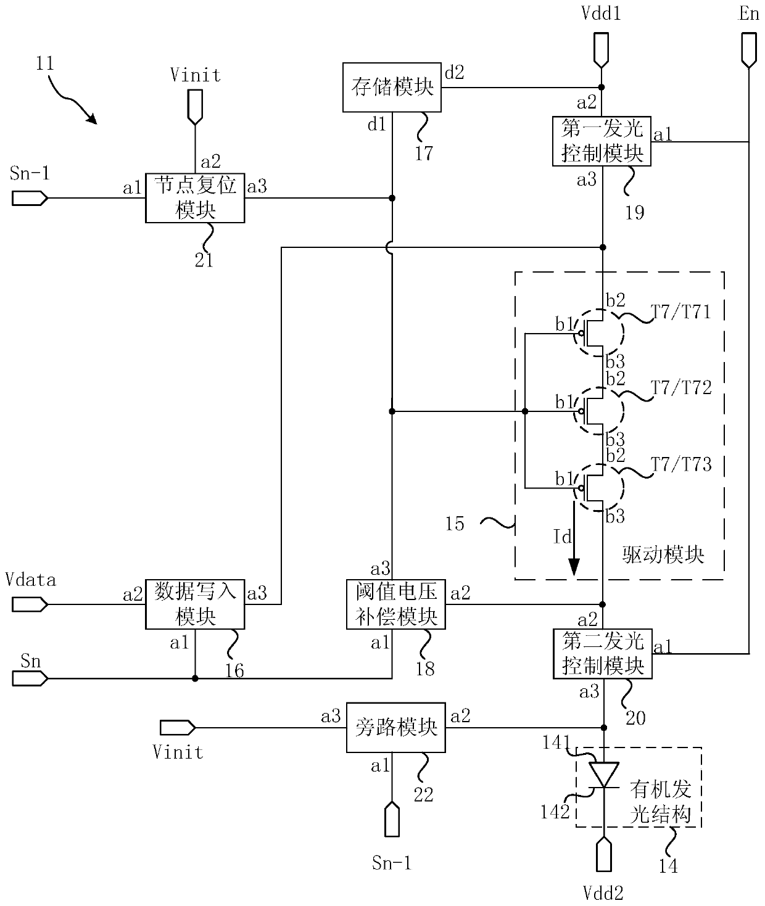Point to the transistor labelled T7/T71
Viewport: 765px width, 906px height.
[x=598, y=333]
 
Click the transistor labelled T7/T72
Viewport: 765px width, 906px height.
[x=598, y=411]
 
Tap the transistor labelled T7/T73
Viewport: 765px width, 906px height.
[x=598, y=488]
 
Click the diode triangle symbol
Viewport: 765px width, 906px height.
[x=603, y=775]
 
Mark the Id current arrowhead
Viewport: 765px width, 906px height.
[x=574, y=567]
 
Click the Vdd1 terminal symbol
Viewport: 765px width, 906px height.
[x=602, y=50]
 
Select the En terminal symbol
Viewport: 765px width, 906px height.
[x=749, y=50]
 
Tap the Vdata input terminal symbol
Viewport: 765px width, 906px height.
[x=30, y=604]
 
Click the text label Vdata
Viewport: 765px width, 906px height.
[x=30, y=580]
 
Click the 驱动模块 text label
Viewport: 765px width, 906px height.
[x=663, y=554]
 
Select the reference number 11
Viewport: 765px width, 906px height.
[x=44, y=64]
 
